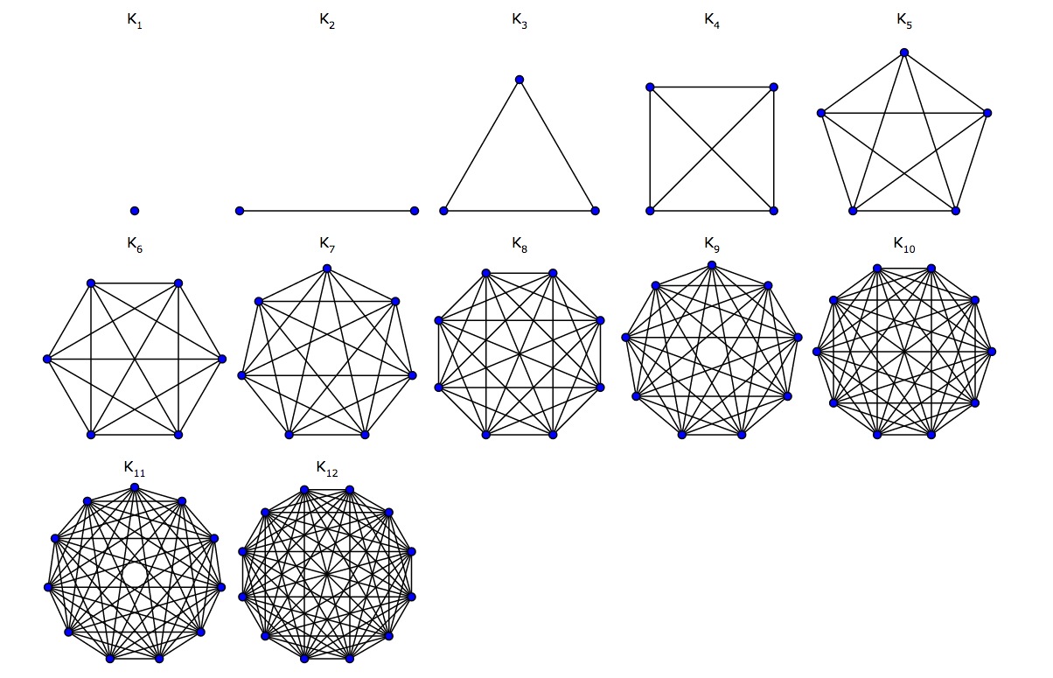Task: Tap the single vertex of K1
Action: click(135, 211)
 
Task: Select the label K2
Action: click(327, 23)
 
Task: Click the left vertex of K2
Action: click(240, 211)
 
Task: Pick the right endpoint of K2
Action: click(415, 211)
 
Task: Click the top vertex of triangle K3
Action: click(520, 80)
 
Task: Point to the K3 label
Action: click(520, 23)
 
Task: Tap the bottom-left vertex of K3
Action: click(444, 211)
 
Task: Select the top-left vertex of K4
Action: click(650, 87)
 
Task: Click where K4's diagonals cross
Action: click(712, 149)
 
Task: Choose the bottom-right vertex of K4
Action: click(773, 211)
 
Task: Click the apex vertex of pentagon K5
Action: click(904, 52)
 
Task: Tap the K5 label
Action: click(904, 23)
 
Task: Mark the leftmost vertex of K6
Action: click(46, 359)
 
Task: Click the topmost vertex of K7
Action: click(327, 268)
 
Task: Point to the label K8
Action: click(520, 246)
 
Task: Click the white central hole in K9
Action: click(711, 352)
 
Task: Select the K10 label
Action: click(904, 246)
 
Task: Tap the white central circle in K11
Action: click(135, 574)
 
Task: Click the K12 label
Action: click(327, 471)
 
